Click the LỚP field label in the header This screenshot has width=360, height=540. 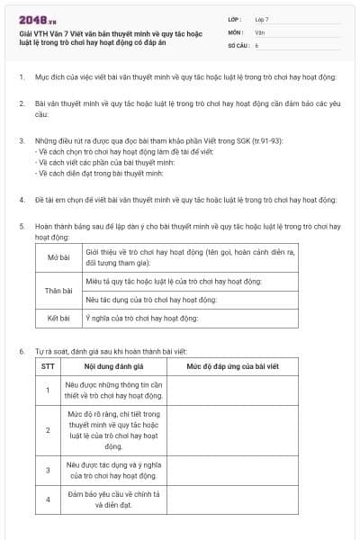[x=235, y=18]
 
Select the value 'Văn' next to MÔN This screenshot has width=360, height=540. [x=260, y=31]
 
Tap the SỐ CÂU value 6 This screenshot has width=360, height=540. [x=256, y=44]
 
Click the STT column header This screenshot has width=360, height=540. [x=48, y=366]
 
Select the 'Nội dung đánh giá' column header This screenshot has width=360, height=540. [x=113, y=366]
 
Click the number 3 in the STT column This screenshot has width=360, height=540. [x=48, y=470]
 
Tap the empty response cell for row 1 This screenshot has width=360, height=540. [x=233, y=391]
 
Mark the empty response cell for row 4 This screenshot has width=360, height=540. [x=233, y=499]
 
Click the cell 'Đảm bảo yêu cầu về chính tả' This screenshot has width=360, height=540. [x=113, y=499]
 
